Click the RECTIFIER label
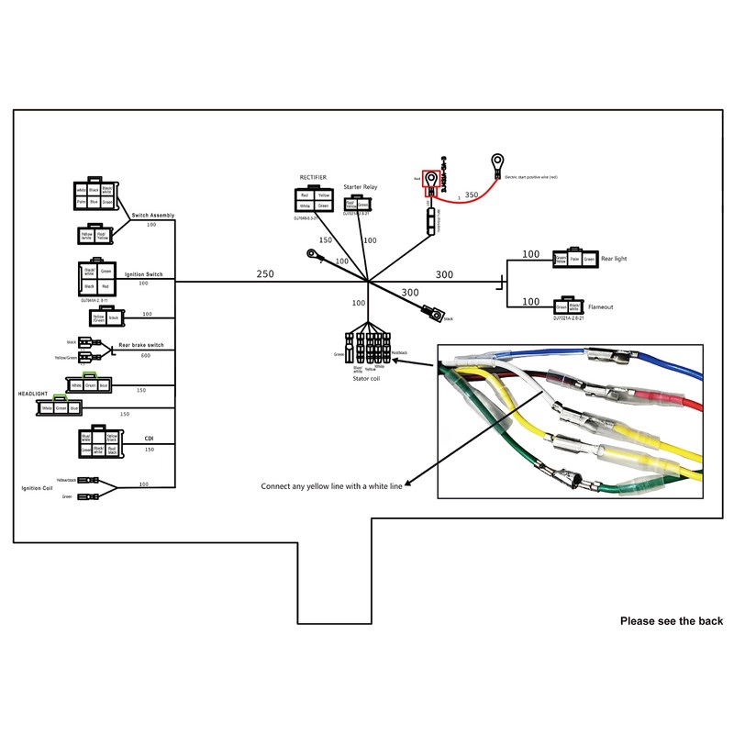pos(313,177)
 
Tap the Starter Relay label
pos(361,186)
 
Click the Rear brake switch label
pos(141,345)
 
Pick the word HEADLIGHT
pos(33,393)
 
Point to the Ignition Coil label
pos(38,488)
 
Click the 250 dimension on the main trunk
pos(265,274)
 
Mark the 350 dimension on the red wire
pos(472,195)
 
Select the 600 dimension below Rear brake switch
pos(146,356)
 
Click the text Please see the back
pos(671,621)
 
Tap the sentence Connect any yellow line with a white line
pos(331,486)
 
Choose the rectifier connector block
pos(313,200)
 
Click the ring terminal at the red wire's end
pos(496,163)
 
